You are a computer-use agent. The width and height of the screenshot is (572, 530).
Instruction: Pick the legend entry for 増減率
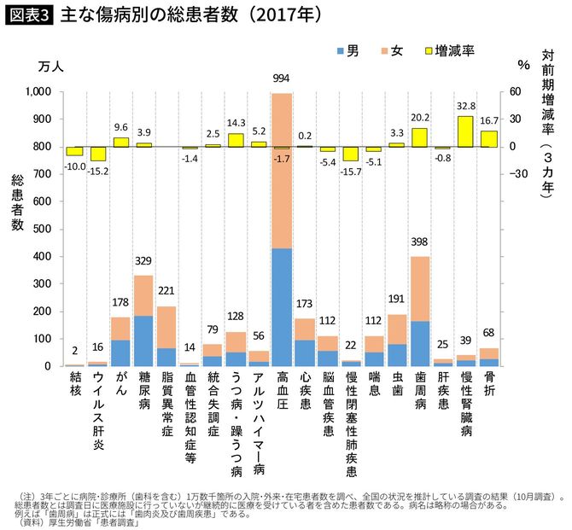click(x=447, y=51)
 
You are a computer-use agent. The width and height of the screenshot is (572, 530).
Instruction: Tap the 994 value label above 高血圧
click(x=281, y=79)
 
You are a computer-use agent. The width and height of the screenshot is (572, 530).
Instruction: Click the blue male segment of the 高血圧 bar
click(x=281, y=307)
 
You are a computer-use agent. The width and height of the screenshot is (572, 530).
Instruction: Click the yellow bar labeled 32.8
click(x=465, y=131)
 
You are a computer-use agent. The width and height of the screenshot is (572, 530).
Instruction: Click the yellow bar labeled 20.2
click(x=419, y=137)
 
